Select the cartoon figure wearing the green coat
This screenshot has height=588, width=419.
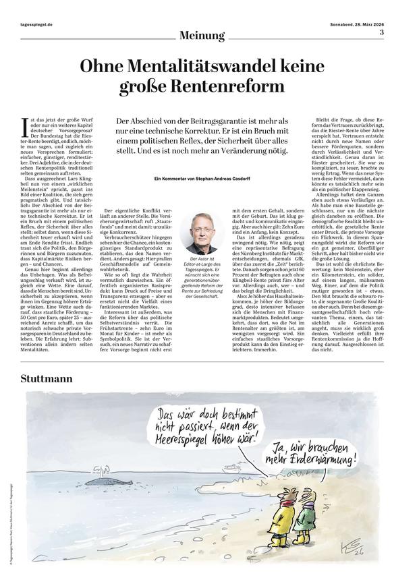304,521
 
